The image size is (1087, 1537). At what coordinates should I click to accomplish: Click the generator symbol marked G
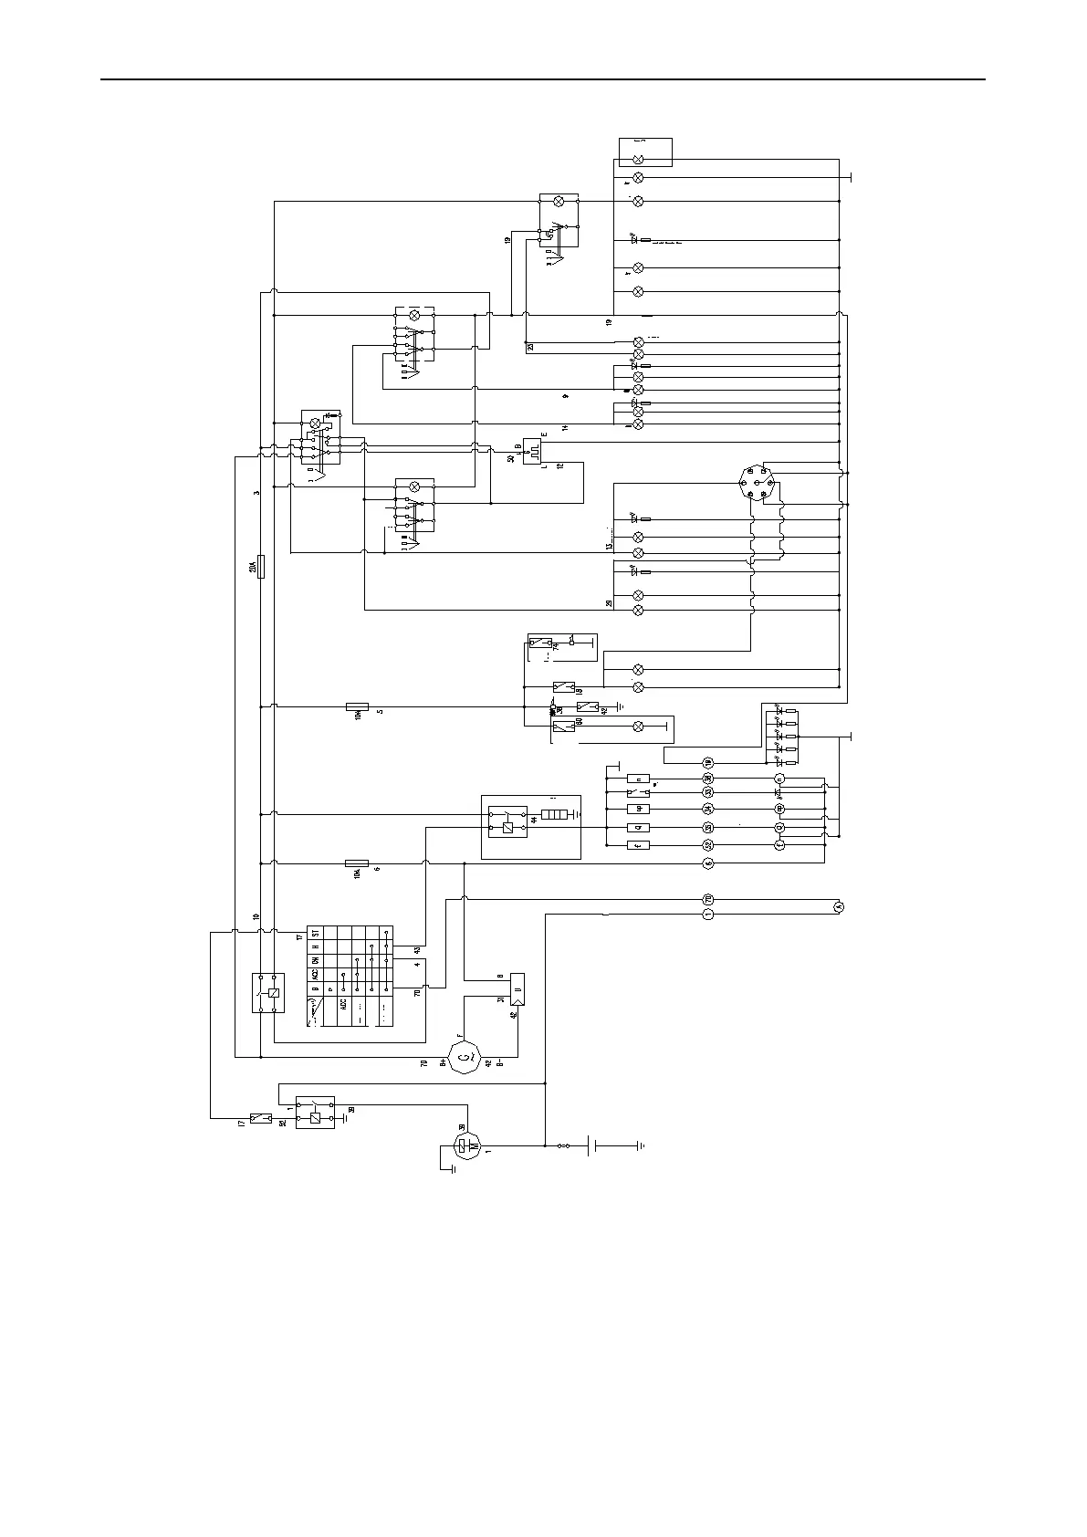click(465, 1057)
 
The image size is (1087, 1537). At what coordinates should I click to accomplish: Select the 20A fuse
click(262, 567)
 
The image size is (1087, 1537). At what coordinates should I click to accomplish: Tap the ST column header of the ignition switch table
click(315, 933)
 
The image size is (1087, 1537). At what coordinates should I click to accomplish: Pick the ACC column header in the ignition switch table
click(315, 973)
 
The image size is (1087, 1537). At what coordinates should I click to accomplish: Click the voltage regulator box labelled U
click(517, 989)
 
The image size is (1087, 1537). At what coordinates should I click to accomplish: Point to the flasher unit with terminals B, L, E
click(533, 450)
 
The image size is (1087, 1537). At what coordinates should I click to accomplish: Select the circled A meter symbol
click(840, 906)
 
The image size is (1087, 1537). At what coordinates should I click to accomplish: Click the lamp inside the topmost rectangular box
click(638, 159)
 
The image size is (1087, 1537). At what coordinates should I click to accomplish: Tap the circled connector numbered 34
click(707, 810)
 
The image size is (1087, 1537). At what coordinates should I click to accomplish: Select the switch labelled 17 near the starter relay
click(261, 1118)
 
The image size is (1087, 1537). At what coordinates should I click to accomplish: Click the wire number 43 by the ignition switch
click(417, 951)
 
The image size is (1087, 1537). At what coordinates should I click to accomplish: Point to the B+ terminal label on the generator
click(444, 1063)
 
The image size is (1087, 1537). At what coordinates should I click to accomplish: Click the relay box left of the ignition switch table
click(268, 993)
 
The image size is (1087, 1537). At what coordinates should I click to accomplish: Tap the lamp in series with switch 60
click(638, 727)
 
